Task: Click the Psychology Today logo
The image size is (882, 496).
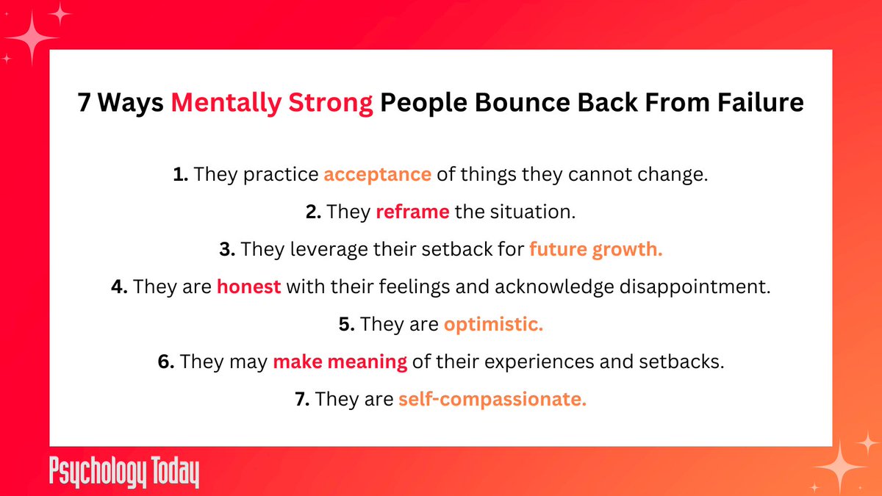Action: [124, 473]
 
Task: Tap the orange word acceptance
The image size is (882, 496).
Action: [377, 175]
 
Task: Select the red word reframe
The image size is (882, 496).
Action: [412, 212]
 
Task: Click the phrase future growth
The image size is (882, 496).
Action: [595, 250]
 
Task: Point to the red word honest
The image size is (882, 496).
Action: [249, 287]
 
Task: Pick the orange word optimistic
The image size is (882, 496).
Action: [493, 325]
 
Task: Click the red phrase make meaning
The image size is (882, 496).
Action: [340, 362]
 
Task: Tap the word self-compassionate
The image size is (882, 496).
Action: [492, 400]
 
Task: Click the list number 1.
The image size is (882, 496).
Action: [179, 175]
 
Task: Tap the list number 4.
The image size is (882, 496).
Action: [120, 287]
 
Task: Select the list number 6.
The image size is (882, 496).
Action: [166, 362]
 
